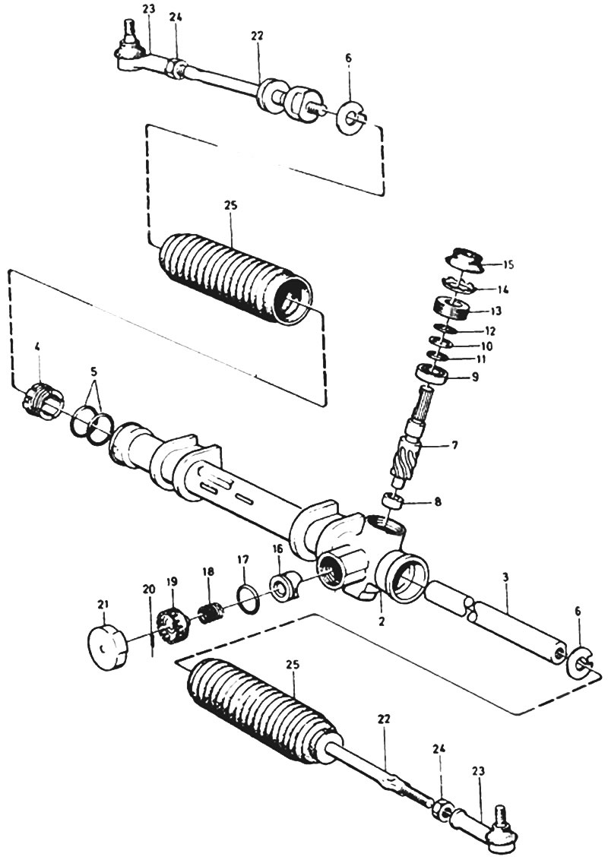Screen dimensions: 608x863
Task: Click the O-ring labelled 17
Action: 247,598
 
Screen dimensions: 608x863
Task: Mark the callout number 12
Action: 490,331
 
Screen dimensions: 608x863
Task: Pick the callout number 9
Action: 474,378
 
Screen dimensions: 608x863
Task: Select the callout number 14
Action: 502,289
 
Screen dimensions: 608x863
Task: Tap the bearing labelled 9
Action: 433,373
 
